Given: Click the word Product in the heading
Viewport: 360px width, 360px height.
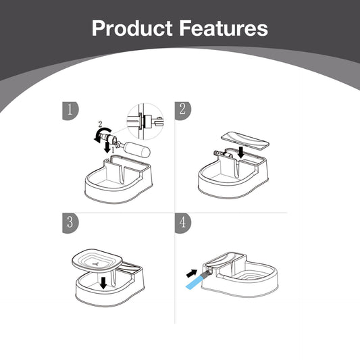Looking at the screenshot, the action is click(x=132, y=28).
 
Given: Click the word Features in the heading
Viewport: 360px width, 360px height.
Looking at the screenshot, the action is click(x=224, y=28).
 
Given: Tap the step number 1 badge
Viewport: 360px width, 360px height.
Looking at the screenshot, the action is click(x=70, y=111).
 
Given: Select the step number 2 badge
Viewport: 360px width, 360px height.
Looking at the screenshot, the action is click(x=183, y=111).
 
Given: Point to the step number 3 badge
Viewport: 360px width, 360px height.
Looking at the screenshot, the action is click(x=70, y=223).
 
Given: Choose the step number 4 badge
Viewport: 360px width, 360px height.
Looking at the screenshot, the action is click(x=183, y=223).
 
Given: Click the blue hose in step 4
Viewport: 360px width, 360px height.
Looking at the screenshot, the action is click(x=196, y=280).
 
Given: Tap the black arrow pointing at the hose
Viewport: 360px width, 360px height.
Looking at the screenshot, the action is click(x=191, y=274).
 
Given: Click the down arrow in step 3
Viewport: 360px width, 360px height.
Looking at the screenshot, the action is click(x=103, y=283).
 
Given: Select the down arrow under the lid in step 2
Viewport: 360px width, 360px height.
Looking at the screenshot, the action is click(x=241, y=153).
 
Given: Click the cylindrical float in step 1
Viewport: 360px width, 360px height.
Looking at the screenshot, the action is click(x=137, y=150).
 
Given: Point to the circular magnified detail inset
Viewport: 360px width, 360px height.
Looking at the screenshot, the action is click(x=145, y=121).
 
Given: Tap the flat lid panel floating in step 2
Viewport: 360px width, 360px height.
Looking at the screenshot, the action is click(x=245, y=140).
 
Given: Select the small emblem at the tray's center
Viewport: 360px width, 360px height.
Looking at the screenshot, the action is click(x=96, y=263).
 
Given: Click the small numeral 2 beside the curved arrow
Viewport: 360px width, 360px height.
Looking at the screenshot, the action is click(x=100, y=124).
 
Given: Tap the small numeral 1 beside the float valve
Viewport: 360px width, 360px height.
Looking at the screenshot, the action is click(x=113, y=150).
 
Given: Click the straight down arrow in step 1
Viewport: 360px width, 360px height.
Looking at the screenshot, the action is click(x=107, y=147).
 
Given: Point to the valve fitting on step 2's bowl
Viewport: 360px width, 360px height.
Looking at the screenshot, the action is click(x=219, y=153).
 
